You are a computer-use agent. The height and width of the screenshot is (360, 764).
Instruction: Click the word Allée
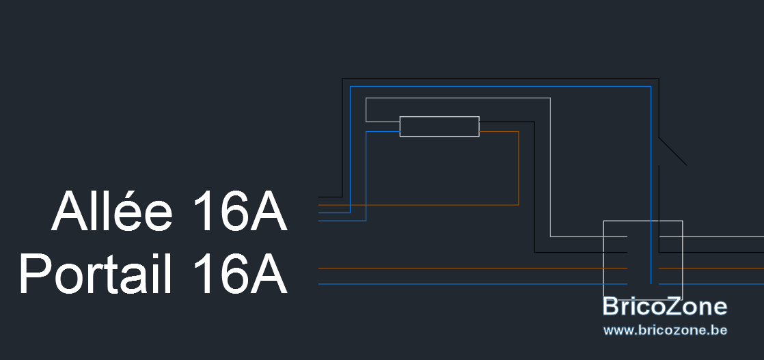[x=112, y=210]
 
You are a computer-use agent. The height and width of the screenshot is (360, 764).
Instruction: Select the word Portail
[x=96, y=273]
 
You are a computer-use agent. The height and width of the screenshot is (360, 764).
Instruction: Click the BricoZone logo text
[x=665, y=307]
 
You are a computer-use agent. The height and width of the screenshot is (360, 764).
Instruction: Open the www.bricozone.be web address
[x=665, y=330]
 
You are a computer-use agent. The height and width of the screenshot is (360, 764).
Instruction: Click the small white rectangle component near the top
[x=439, y=126]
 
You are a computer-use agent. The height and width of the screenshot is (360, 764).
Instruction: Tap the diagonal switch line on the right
[x=673, y=152]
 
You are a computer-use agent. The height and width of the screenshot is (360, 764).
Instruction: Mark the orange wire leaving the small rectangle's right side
[x=519, y=168]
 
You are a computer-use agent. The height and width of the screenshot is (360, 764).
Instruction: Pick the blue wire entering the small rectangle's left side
[x=366, y=176]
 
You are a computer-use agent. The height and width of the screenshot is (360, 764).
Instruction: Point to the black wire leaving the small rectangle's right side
[x=534, y=187]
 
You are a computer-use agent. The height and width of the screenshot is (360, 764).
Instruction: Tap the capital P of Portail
[x=35, y=273]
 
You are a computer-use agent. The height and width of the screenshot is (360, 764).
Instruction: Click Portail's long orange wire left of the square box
[x=473, y=268]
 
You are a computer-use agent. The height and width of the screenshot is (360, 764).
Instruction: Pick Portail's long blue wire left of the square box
[x=473, y=284]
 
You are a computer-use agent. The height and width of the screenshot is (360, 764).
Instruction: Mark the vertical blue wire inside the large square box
[x=651, y=252]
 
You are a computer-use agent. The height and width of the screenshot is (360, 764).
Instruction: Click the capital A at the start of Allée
[x=69, y=211]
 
